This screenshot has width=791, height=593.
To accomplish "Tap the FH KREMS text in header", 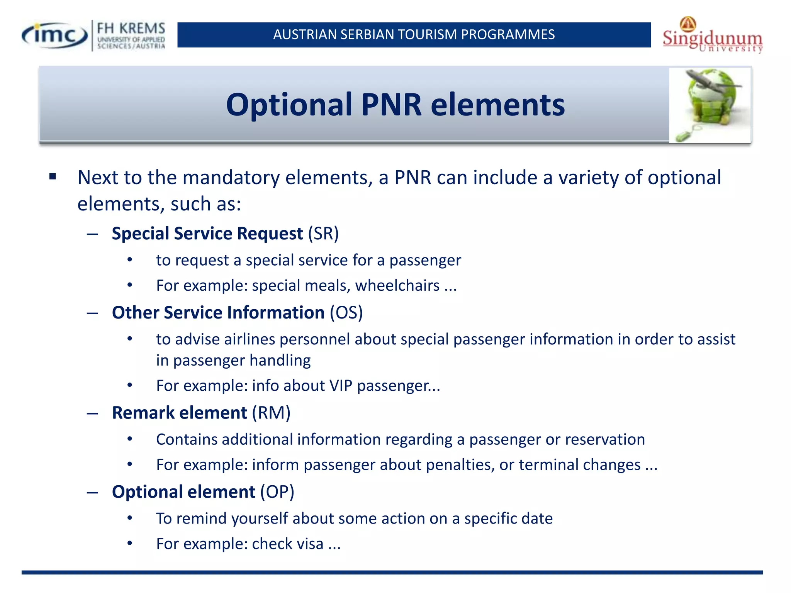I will (131, 29).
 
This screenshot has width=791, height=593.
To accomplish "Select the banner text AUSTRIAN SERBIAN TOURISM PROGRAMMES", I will (414, 35).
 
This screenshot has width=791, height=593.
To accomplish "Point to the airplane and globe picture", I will (710, 105).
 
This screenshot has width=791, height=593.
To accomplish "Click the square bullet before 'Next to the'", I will (53, 177).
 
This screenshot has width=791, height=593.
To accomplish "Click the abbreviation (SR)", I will (323, 234).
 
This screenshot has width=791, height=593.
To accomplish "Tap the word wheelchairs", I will (397, 286).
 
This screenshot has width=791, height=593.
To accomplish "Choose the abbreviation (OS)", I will (346, 313).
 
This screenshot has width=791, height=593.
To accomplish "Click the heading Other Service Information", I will (218, 313).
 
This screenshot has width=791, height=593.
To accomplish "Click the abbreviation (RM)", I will (271, 413).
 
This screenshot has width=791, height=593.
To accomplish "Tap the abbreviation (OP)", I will (277, 492).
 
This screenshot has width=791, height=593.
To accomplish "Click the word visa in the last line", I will (307, 544).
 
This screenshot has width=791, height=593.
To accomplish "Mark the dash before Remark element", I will (92, 413).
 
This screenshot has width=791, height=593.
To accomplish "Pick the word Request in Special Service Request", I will (270, 234).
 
